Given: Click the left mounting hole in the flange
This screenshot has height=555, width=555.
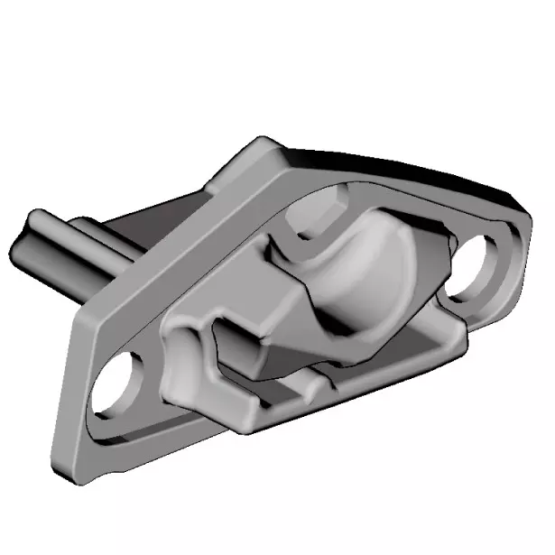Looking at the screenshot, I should point(120,383).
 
